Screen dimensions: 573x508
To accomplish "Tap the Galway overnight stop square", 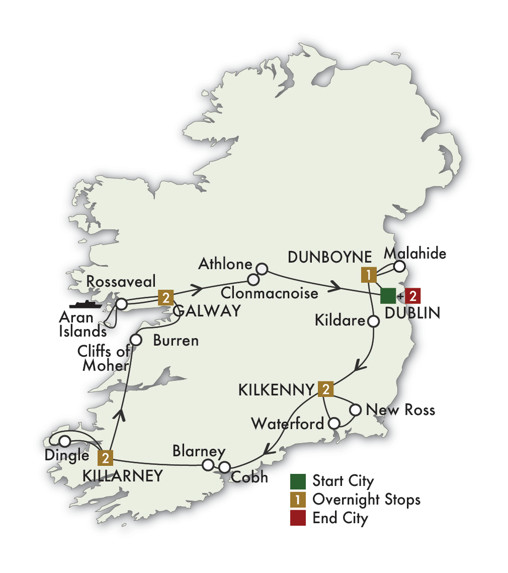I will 165,297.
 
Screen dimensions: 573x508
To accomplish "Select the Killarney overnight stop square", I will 105,457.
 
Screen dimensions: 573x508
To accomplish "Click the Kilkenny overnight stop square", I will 326,388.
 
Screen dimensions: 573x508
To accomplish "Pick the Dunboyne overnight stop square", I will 369,275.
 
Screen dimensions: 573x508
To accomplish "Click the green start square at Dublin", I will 388,295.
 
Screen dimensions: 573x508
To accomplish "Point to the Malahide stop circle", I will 399,266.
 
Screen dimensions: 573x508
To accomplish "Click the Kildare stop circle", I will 374,320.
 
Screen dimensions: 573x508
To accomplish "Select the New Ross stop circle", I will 355,410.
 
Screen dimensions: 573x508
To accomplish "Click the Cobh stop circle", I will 224,467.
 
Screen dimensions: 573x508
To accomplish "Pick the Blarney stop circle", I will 208,465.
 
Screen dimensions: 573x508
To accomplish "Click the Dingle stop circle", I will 65,441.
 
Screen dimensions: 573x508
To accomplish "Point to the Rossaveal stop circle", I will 121,304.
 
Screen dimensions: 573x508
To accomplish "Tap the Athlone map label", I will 224,263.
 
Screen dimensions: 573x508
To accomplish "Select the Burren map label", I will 176,341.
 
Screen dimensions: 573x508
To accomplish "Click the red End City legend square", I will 298,518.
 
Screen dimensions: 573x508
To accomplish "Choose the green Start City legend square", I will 298,481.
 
